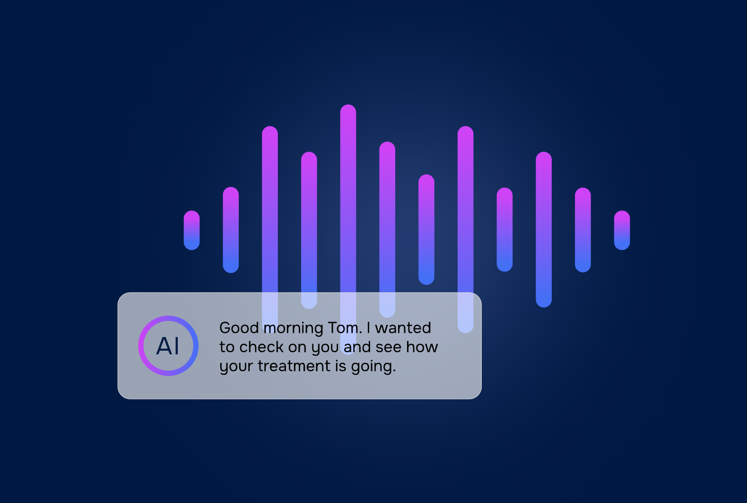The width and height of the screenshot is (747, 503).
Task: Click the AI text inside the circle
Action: click(168, 346)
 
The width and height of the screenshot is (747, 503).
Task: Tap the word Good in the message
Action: click(239, 328)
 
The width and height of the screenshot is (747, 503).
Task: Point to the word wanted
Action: click(403, 328)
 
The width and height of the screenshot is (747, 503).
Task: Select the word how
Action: click(422, 347)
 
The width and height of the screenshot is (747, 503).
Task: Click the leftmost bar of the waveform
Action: click(192, 230)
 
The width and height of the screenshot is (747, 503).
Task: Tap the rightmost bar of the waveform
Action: click(622, 230)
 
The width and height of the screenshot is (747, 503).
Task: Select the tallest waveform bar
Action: click(348, 229)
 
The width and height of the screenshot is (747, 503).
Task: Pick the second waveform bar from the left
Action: click(231, 230)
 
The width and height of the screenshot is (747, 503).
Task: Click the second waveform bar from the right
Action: click(583, 230)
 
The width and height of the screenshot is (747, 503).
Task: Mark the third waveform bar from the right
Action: click(544, 229)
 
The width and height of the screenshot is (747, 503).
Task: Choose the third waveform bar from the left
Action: click(270, 229)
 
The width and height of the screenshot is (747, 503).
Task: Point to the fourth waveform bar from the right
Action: click(504, 229)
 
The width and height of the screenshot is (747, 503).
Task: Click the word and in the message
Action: click(357, 347)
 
